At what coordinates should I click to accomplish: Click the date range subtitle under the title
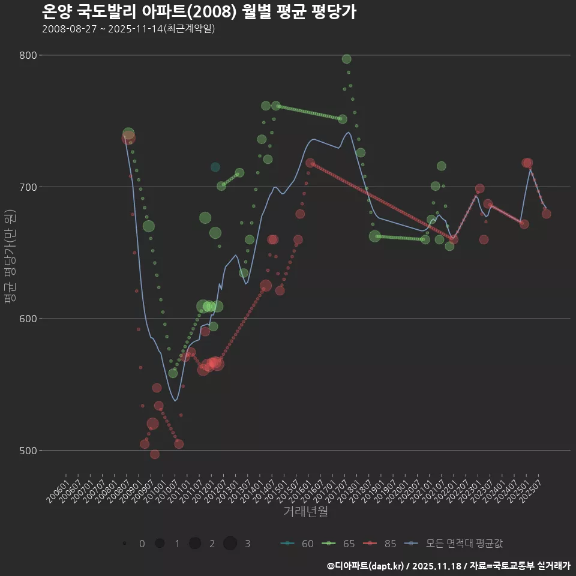tap(128, 29)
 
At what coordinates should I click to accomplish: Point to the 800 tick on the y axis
tap(29, 55)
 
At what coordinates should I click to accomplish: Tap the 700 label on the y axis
tap(29, 187)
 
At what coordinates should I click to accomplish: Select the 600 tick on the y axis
tap(29, 319)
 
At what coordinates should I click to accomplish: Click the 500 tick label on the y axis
tap(29, 450)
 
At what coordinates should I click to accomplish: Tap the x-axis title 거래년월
tap(305, 512)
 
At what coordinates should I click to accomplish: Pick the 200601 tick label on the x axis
tap(58, 487)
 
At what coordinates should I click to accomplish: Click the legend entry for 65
tap(339, 544)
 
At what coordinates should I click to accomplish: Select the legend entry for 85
tap(380, 544)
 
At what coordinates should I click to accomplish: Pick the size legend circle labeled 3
tap(230, 544)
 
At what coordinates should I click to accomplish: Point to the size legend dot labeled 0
tap(124, 544)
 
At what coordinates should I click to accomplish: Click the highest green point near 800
tap(346, 59)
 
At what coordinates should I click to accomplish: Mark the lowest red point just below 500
tap(155, 454)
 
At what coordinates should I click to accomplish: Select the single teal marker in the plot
tap(215, 167)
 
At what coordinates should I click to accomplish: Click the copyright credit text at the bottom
tap(448, 565)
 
